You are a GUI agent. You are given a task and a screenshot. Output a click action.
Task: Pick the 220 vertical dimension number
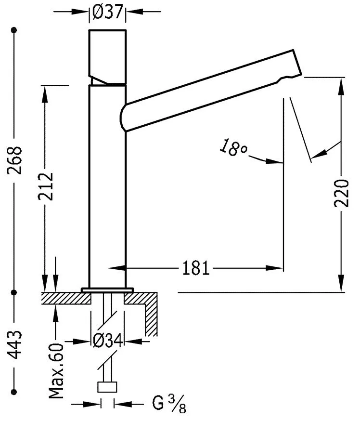[x=342, y=193]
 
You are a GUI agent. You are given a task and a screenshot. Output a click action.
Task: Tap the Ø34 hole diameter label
[x=107, y=341]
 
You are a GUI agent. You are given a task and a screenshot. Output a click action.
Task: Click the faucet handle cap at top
[x=108, y=55]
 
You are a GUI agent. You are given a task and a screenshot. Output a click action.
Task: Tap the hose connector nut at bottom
[x=107, y=387]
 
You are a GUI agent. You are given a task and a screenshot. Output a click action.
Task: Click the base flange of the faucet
[x=107, y=290]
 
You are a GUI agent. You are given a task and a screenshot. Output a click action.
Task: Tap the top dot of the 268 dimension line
[x=15, y=30]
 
